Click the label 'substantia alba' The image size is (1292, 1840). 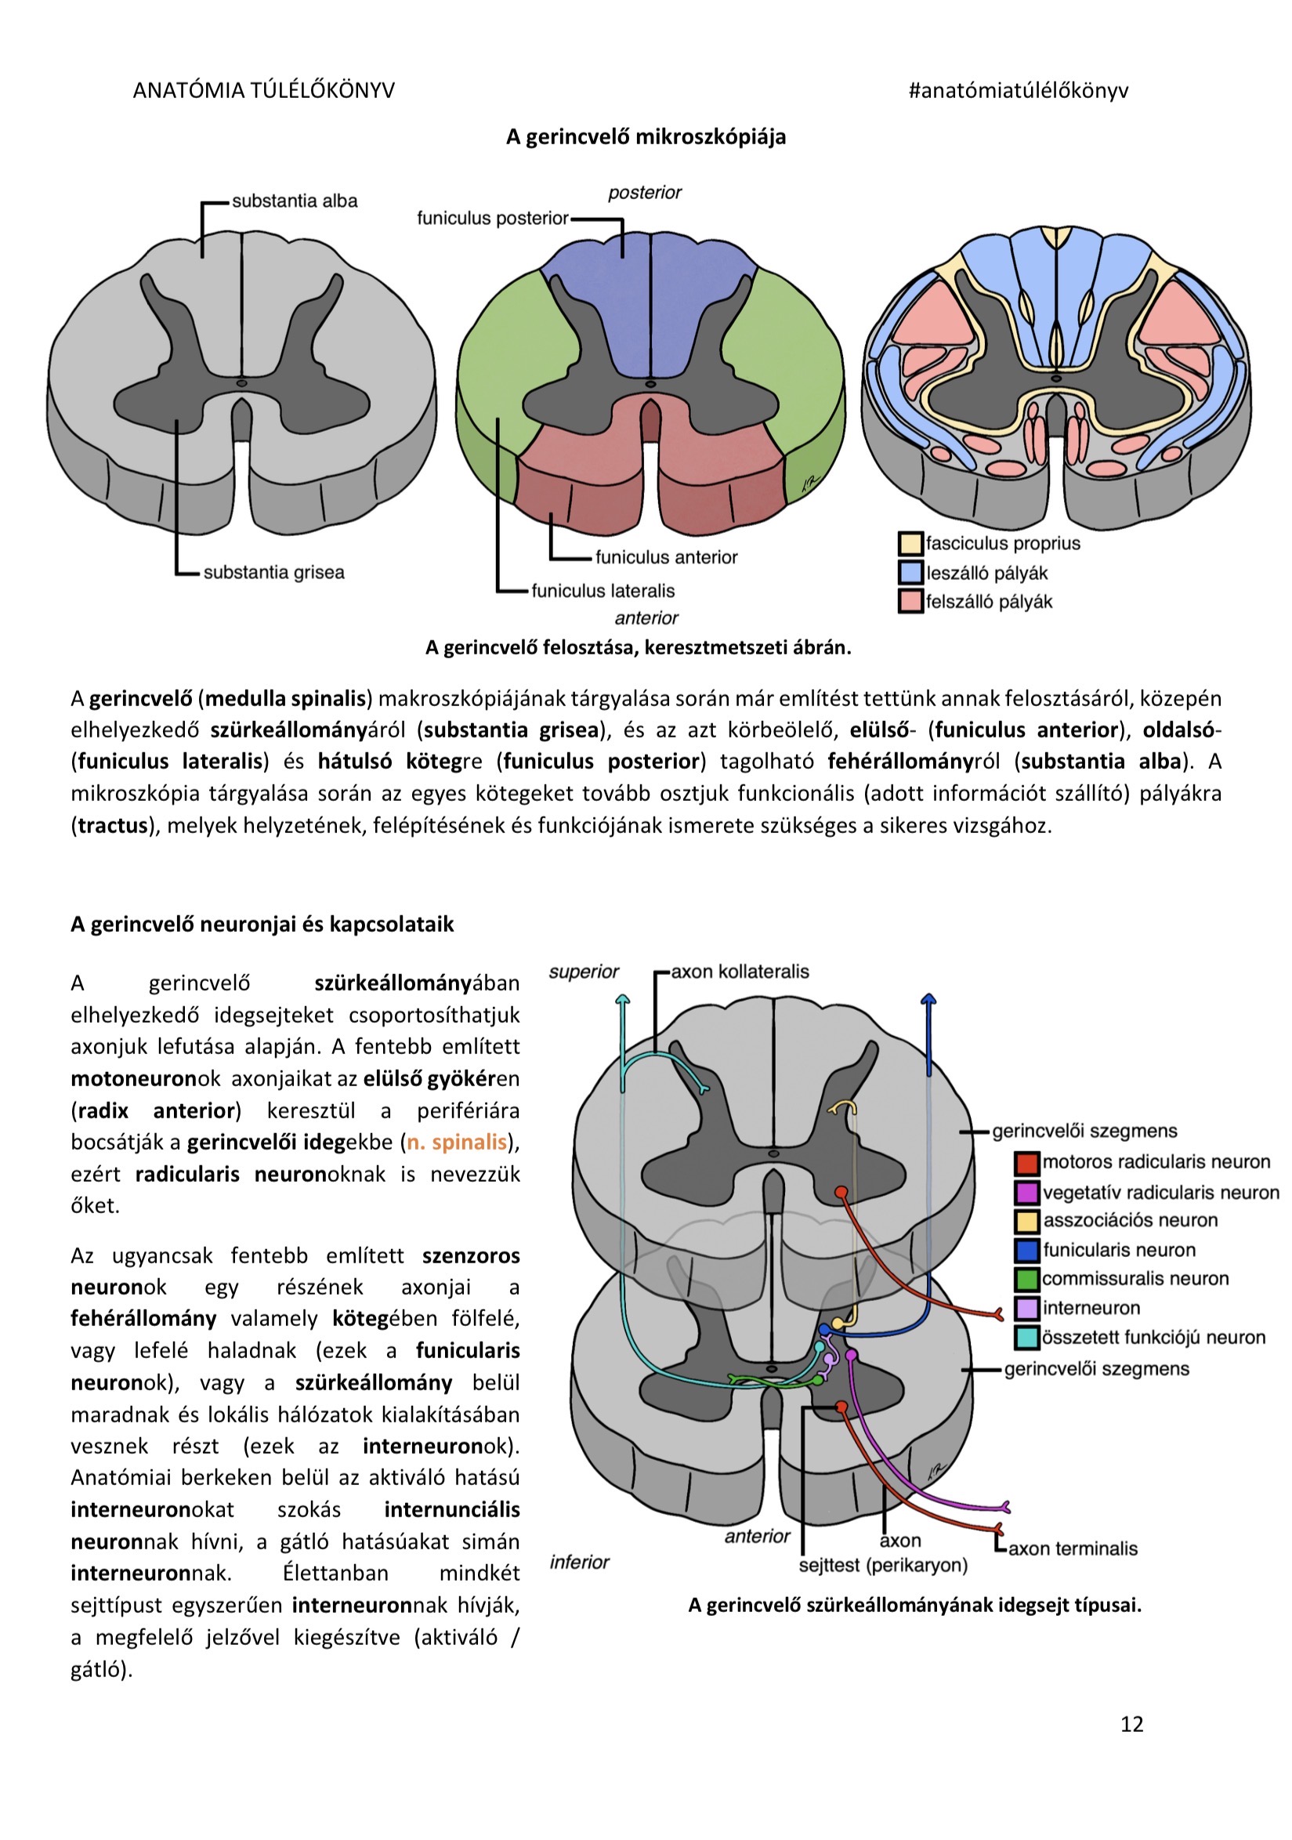(294, 201)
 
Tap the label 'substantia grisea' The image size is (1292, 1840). (273, 572)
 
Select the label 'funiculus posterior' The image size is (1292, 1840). (492, 218)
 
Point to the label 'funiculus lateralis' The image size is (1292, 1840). (603, 591)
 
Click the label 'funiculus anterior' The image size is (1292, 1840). (666, 557)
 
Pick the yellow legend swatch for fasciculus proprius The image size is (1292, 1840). (910, 543)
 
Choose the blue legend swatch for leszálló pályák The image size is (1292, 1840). (910, 572)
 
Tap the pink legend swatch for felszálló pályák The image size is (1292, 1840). (910, 601)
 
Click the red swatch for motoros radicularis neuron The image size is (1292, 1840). (1026, 1162)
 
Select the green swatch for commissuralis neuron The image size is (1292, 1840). (1026, 1278)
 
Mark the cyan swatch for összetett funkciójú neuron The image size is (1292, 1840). (1026, 1337)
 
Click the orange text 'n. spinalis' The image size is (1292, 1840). (457, 1141)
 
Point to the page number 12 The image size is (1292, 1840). (1131, 1724)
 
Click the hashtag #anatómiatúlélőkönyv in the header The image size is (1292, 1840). (1018, 91)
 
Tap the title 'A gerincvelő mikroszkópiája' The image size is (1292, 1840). (645, 137)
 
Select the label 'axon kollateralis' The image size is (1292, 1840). (740, 971)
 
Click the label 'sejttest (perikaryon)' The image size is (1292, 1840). (882, 1565)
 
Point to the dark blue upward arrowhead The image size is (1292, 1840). (928, 1000)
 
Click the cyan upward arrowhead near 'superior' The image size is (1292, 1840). (623, 998)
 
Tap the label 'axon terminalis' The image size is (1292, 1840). (1073, 1548)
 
